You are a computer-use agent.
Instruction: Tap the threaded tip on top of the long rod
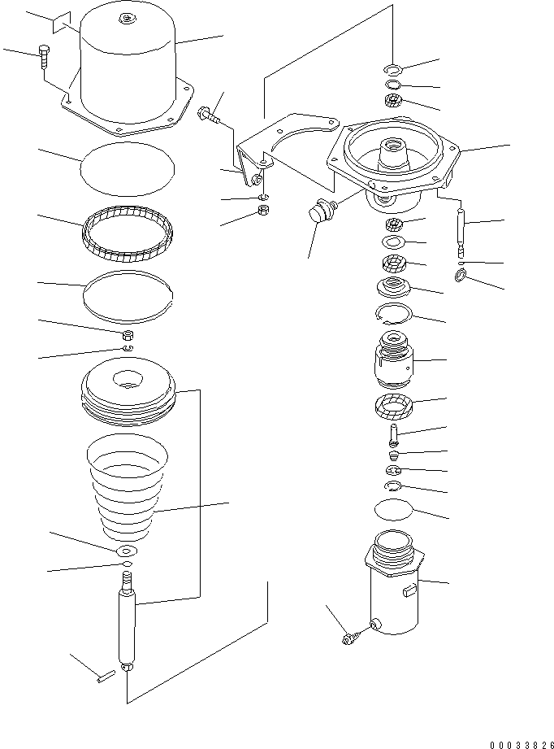pyautogui.click(x=126, y=581)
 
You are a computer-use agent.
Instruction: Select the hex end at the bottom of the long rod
pyautogui.click(x=127, y=668)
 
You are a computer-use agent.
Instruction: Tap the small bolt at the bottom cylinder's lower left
pyautogui.click(x=349, y=640)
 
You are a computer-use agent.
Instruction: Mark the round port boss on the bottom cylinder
pyautogui.click(x=376, y=623)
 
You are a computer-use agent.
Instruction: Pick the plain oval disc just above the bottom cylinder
pyautogui.click(x=393, y=511)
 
